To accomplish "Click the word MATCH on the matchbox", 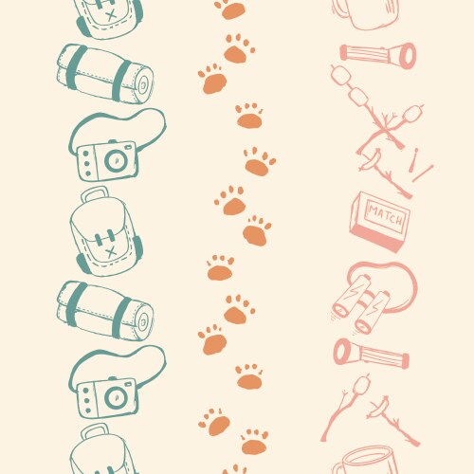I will coord(385,214).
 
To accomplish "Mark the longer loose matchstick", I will coord(422,173).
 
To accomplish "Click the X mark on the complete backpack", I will coord(111,251).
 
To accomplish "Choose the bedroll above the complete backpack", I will coord(104,72).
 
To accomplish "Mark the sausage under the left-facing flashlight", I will coord(381,408).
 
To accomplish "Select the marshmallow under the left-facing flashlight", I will coord(359,384).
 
